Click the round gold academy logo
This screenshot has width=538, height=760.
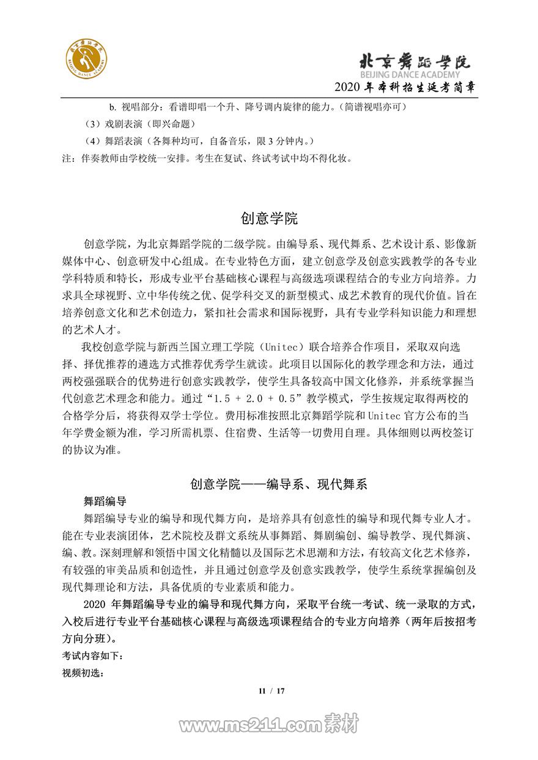click(87, 62)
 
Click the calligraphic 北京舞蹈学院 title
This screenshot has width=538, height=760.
click(414, 61)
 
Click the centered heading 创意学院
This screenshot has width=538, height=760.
click(269, 219)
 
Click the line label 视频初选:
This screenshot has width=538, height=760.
click(83, 673)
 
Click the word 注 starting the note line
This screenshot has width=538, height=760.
click(67, 159)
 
